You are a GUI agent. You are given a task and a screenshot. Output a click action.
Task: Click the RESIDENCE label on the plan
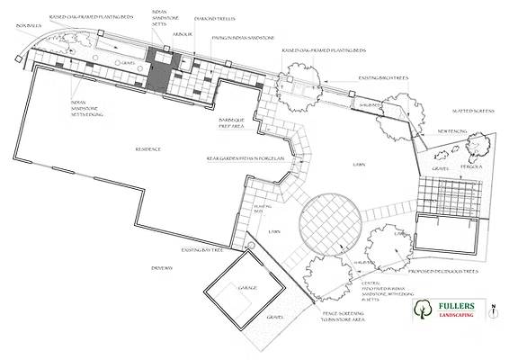point(147,149)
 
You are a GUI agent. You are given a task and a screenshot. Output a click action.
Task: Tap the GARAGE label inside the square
point(246,288)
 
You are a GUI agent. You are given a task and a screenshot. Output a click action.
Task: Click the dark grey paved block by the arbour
point(160,77)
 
